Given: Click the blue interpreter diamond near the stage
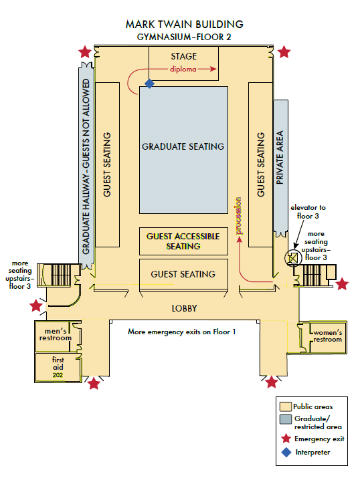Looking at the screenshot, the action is point(149,84).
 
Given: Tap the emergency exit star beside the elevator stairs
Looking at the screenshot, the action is point(342,284).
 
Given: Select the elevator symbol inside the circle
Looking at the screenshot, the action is point(292,258).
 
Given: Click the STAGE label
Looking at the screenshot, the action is point(183,56).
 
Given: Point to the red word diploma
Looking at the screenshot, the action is point(183,70).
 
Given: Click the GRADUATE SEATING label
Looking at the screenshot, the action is point(183,146).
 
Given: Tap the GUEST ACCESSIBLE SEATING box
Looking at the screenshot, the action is point(183,241).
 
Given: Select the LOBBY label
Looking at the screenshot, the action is point(184,308).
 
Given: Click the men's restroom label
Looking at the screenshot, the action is point(56,334).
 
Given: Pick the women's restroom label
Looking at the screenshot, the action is point(327,336).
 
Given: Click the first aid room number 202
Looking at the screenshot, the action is point(58,375).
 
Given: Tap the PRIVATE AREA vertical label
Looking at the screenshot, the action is point(280,157).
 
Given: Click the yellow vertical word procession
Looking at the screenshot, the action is point(239,216).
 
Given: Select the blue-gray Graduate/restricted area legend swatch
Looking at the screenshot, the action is point(286,419).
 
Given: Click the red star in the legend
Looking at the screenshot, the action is point(286,439).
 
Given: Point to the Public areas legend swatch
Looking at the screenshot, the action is point(286,406).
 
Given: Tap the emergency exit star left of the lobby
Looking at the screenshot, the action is point(36,306).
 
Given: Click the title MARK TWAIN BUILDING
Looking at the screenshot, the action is point(184,24).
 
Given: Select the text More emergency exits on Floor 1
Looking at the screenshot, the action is point(181,332).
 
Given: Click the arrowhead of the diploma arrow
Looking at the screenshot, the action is point(213,69).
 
